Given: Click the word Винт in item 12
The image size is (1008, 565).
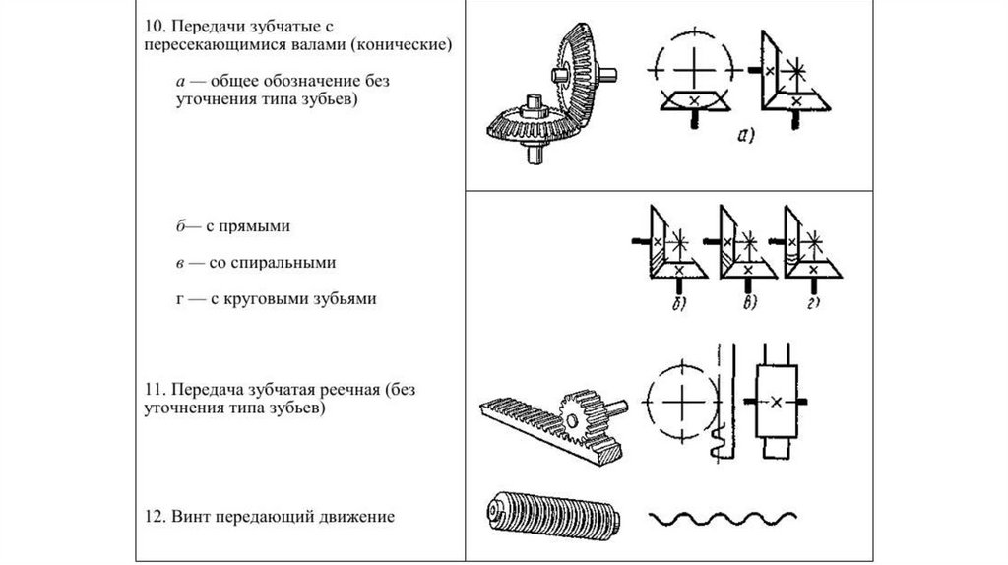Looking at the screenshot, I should [x=191, y=515].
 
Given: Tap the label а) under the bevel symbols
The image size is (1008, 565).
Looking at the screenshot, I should [x=741, y=137].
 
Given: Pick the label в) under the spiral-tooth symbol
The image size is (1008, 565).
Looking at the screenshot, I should [x=749, y=303].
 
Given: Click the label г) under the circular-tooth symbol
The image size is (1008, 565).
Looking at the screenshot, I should [x=814, y=303].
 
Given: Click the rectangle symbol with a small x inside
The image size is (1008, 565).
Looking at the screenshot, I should [x=778, y=402].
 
